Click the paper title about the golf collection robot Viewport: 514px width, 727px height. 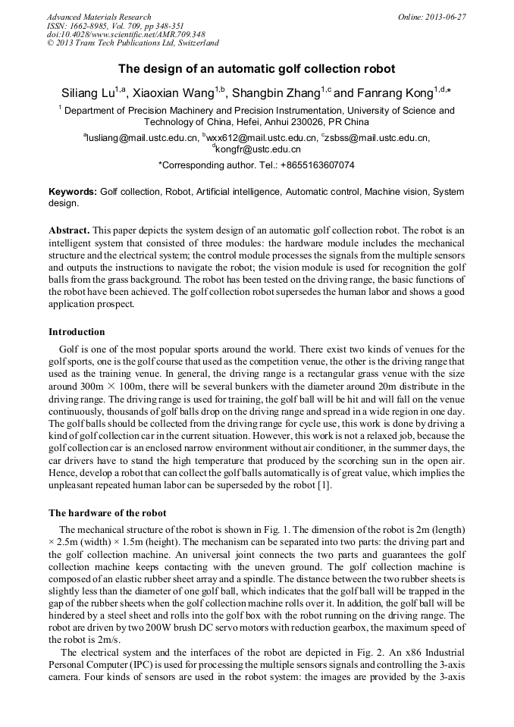point(256,69)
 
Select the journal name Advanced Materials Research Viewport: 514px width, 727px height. point(99,17)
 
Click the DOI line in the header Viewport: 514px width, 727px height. point(125,35)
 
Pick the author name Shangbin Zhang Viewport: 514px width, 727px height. point(275,93)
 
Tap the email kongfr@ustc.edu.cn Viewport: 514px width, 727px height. point(258,149)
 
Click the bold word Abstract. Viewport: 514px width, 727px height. point(69,229)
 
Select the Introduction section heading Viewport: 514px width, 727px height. point(77,332)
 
